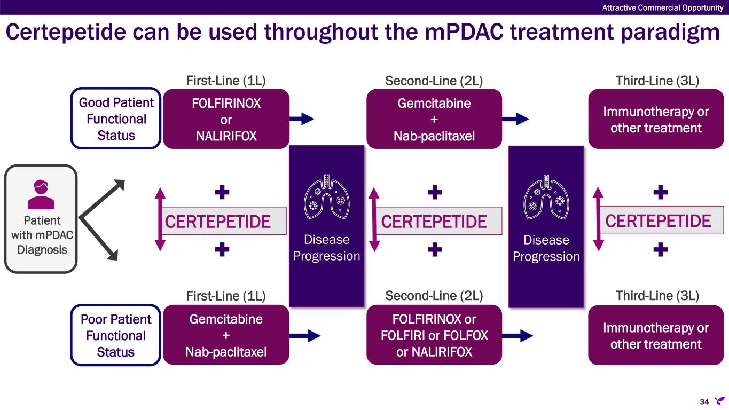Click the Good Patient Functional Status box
pos(116,119)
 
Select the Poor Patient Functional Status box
pos(116,335)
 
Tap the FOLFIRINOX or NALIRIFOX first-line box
pos(226,119)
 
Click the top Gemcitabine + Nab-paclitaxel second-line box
pos(434,119)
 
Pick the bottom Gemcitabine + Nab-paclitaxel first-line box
pos(226,335)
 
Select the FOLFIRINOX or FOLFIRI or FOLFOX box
pos(434,335)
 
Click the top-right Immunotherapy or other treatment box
pos(656,119)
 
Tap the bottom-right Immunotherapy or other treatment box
pos(656,335)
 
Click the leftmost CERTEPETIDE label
pos(218,221)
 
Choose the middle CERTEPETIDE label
pos(434,221)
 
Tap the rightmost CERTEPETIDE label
pos(659,221)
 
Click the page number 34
pos(704,401)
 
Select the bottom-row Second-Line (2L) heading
pos(434,296)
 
